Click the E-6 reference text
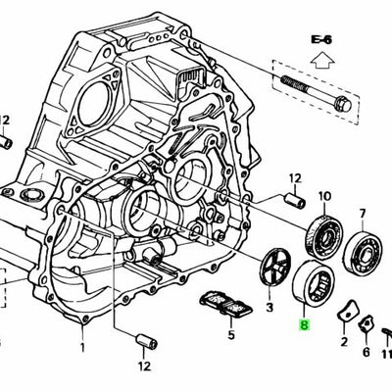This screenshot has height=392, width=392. [x=322, y=39]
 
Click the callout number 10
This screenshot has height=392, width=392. [x=323, y=196]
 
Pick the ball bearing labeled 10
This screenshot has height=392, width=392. [x=319, y=236]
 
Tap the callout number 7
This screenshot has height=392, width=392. [x=362, y=213]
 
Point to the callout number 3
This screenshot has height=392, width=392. [x=269, y=309]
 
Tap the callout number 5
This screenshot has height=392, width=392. [x=231, y=333]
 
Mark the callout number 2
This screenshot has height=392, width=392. [x=344, y=342]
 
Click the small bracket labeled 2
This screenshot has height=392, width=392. [x=343, y=314]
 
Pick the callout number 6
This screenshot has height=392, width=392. [x=366, y=352]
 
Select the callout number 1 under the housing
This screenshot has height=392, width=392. [x=84, y=347]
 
